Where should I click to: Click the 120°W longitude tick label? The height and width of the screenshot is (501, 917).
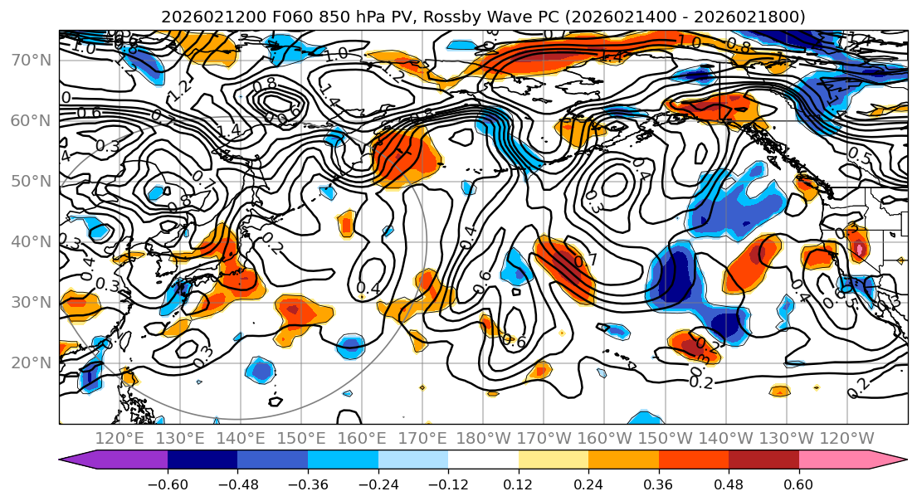pos(846,438)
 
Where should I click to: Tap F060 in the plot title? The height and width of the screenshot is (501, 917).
pos(278,17)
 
